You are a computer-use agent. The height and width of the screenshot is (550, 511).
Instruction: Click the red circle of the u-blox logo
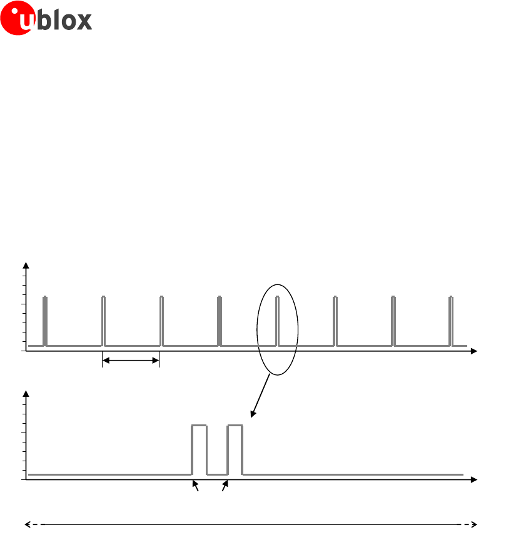[18, 18]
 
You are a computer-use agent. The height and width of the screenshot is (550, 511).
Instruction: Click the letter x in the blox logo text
[84, 21]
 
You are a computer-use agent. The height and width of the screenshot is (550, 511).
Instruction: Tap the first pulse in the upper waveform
[45, 321]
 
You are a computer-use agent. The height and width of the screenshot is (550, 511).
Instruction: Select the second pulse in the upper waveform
[104, 321]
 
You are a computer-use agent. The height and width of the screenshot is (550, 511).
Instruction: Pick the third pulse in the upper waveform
[161, 321]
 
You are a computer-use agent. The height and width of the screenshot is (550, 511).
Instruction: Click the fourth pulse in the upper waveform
[220, 321]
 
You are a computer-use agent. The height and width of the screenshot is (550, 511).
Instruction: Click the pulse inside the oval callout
[277, 321]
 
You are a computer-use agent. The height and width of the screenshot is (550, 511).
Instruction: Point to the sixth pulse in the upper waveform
[335, 321]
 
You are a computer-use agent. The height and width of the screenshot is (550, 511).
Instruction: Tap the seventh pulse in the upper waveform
[393, 321]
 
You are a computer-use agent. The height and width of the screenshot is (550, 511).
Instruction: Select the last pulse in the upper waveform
[451, 321]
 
